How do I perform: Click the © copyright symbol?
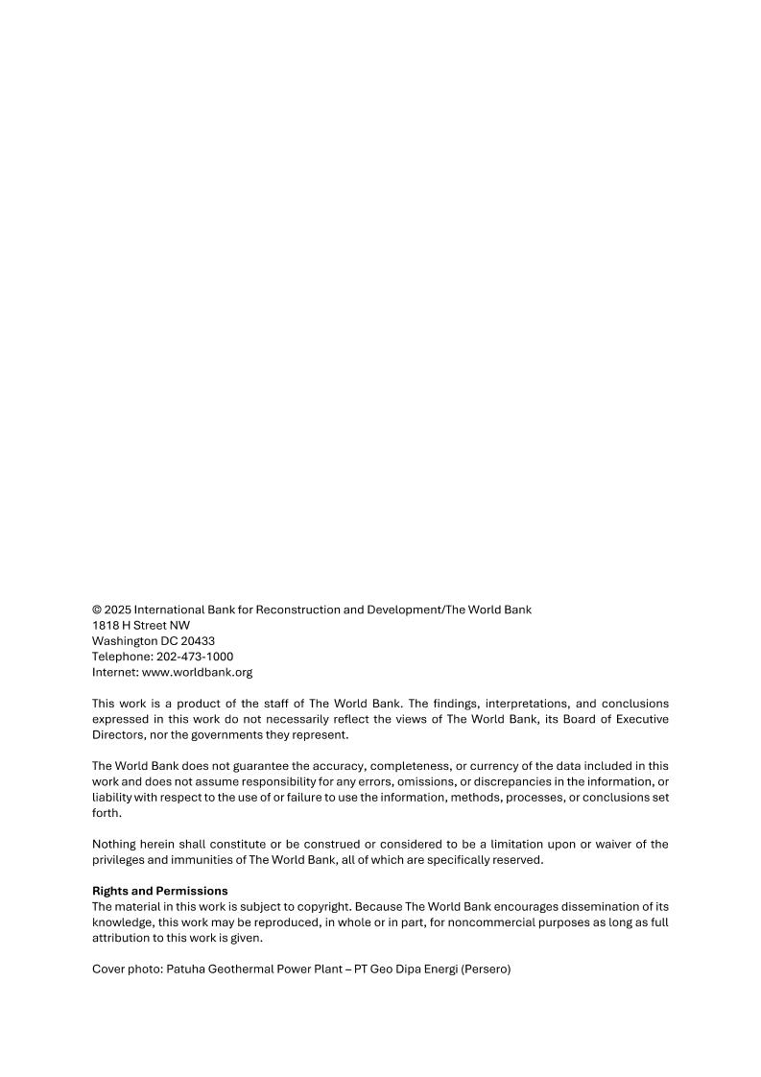97,610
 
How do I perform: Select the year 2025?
118,610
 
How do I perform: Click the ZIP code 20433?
197,641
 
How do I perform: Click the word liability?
112,797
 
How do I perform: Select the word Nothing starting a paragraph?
116,844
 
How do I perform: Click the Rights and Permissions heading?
159,891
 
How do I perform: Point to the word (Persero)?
486,969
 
